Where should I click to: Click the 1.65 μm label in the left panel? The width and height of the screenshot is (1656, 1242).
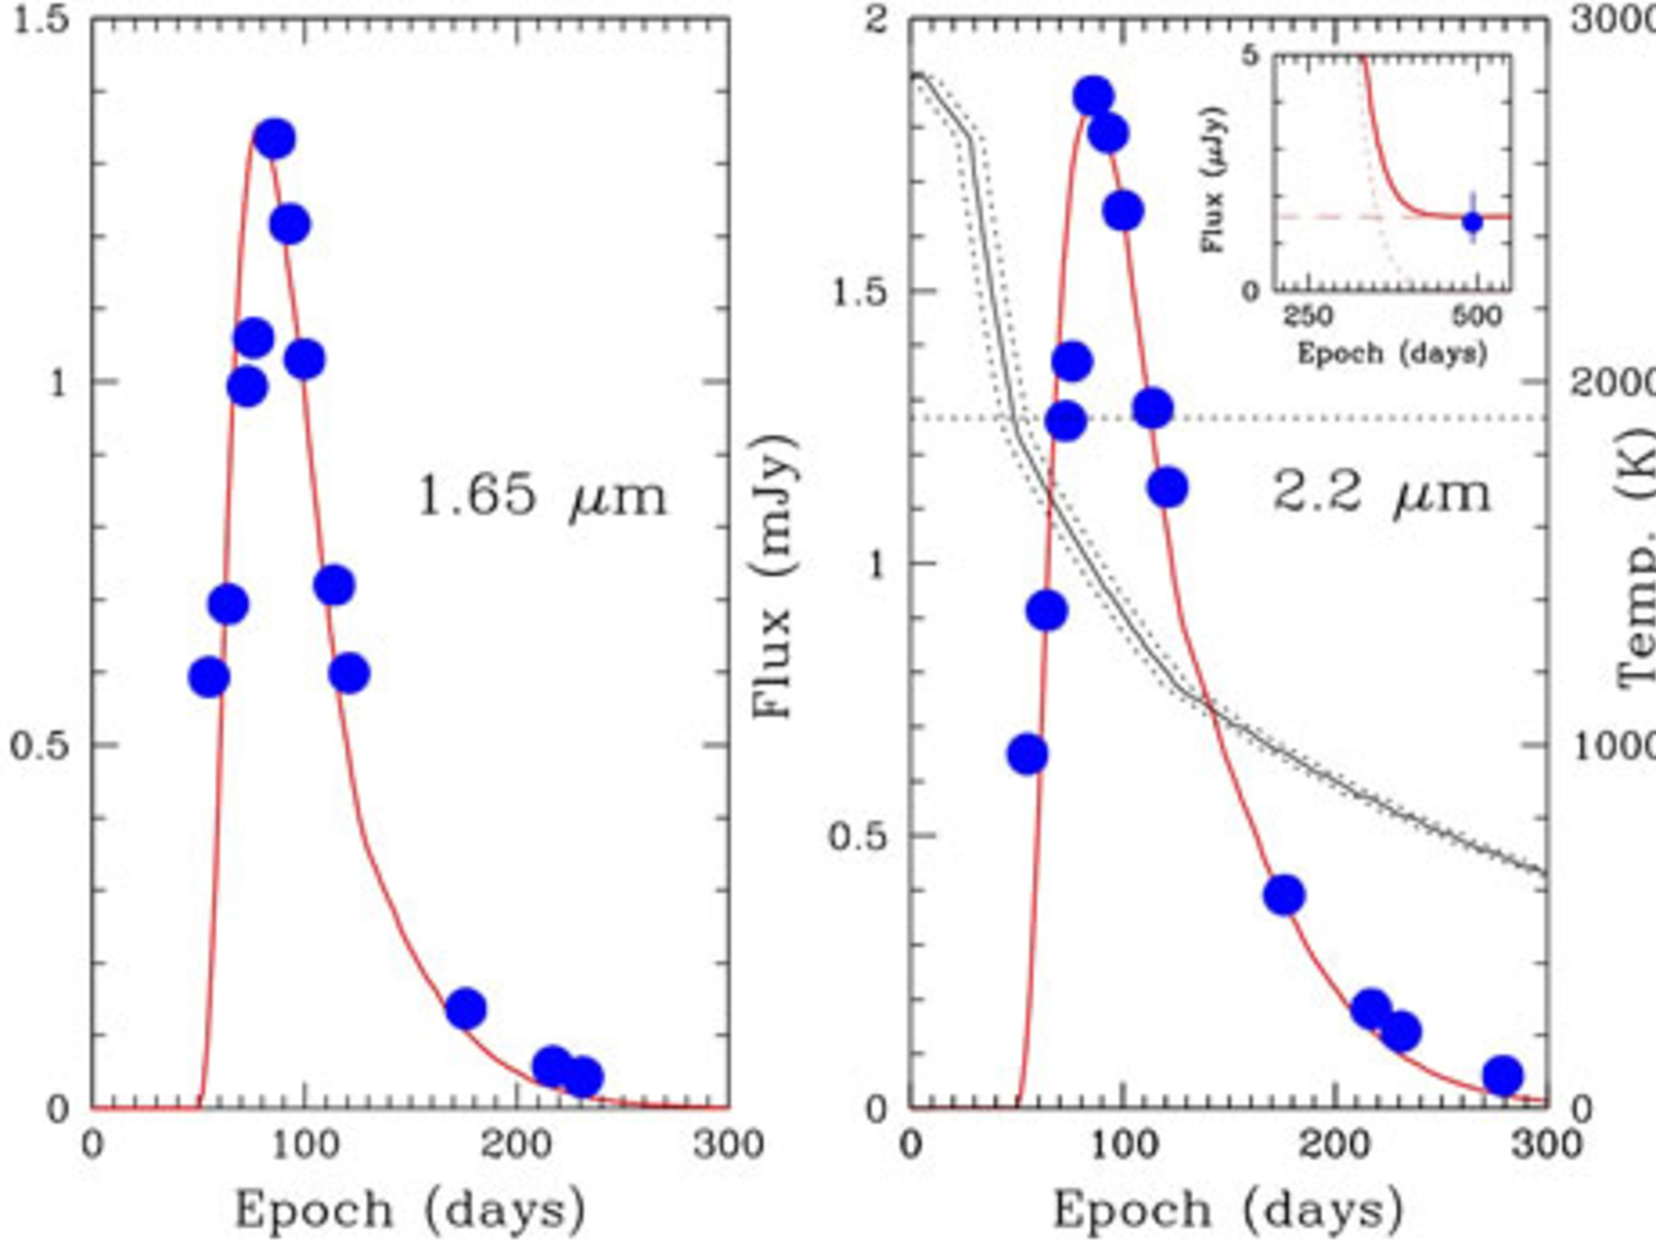point(542,495)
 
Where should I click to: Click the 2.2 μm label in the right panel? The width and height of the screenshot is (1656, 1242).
point(1381,492)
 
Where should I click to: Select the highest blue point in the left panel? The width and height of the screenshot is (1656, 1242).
point(274,139)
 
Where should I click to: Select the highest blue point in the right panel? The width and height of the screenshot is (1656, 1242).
point(1093,97)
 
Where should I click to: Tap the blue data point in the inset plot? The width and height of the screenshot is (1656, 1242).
point(1472,221)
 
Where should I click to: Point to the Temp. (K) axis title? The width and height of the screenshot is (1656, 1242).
point(1637,566)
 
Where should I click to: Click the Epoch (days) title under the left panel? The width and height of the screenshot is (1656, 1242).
point(410,1210)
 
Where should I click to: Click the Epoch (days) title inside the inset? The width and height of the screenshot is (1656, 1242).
point(1392,353)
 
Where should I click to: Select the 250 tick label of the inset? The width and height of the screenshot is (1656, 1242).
point(1307,315)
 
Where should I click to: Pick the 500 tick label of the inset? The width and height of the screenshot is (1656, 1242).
point(1476,315)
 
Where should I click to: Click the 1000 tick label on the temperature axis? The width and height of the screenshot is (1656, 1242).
point(1613,746)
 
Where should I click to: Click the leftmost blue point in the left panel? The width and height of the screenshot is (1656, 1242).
point(209,677)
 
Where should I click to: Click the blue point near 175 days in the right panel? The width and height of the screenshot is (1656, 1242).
point(1284,895)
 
